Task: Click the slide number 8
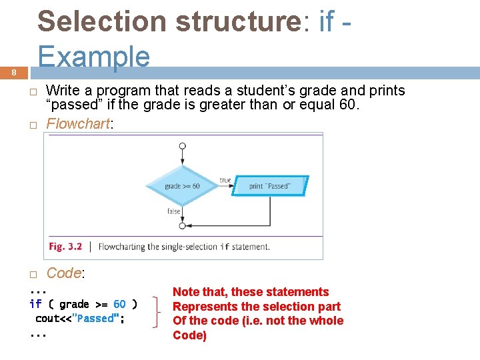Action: (x=14, y=73)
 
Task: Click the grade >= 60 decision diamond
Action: (x=182, y=186)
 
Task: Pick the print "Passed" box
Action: (x=270, y=186)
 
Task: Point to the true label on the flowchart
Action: (x=225, y=180)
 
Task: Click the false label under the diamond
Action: (x=174, y=211)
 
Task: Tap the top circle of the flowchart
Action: (x=183, y=146)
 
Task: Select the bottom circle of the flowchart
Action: (x=183, y=226)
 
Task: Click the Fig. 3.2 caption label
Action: (x=65, y=247)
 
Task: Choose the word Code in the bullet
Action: (x=63, y=273)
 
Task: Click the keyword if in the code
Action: (x=36, y=305)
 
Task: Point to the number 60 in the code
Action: (x=119, y=305)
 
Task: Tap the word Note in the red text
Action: (x=186, y=292)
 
